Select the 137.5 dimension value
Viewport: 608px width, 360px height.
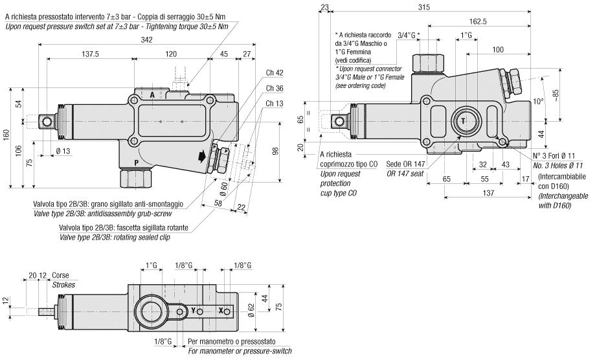pos(90,54)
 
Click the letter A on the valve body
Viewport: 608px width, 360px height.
pos(152,95)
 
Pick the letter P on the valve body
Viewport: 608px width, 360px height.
pos(135,163)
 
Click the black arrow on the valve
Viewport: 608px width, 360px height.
pos(202,156)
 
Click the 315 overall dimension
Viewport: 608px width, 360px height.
pos(442,7)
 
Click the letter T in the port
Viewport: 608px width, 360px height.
pos(464,120)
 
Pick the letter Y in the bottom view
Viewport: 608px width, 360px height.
pos(193,311)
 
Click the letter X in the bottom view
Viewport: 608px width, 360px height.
pos(221,311)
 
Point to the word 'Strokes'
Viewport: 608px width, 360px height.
pos(63,284)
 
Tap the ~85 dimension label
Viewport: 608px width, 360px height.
pos(555,94)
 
